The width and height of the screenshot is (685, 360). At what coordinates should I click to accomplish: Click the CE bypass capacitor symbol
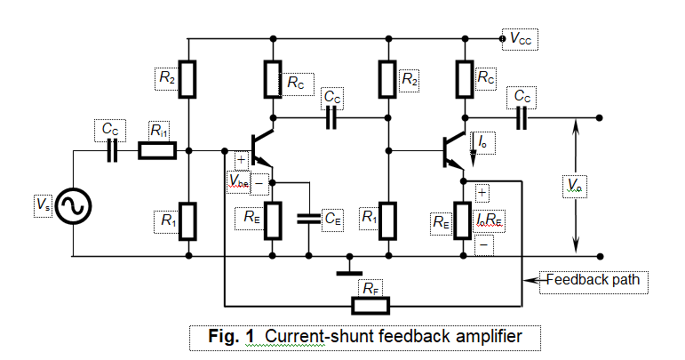click(x=309, y=217)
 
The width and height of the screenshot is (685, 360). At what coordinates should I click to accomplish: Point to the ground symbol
click(x=352, y=267)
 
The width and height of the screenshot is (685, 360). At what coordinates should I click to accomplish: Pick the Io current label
click(x=481, y=140)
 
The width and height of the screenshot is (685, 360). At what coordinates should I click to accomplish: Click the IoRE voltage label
click(x=490, y=217)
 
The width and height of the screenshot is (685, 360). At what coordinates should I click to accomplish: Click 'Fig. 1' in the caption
click(x=231, y=337)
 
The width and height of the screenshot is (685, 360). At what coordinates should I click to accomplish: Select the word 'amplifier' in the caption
click(x=488, y=337)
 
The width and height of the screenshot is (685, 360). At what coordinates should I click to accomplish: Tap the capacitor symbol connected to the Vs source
click(x=112, y=152)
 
